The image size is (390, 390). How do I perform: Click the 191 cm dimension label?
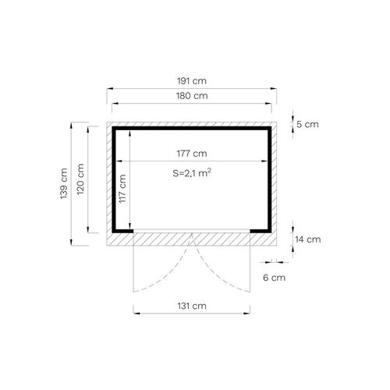[192, 81]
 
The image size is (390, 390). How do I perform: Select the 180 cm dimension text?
[192, 96]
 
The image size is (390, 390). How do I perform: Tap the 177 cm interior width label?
[192, 154]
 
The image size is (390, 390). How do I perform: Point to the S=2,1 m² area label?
[192, 172]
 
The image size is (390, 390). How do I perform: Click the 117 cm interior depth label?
[122, 189]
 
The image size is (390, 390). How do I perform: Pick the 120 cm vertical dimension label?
[80, 179]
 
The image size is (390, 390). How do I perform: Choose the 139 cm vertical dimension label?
[64, 184]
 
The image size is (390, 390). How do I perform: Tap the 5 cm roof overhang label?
[307, 124]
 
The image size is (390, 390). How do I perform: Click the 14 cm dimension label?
[308, 239]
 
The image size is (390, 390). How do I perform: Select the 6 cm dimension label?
[274, 278]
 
